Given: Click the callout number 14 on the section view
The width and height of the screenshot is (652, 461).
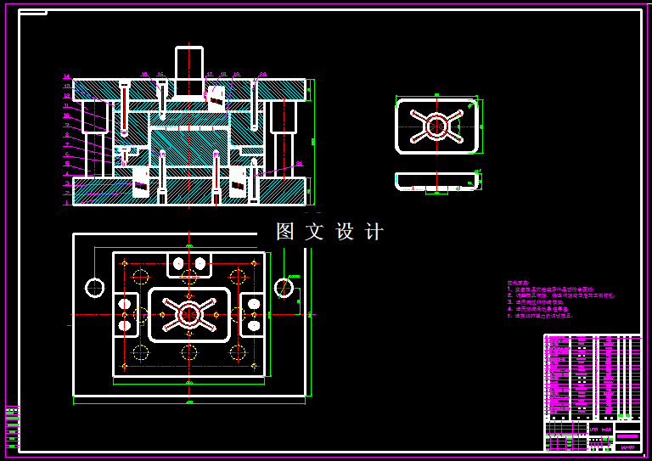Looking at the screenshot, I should click(66, 77).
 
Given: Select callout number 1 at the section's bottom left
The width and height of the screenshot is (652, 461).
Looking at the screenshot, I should click(66, 203).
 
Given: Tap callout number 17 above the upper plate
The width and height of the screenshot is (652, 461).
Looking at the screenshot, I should click(209, 75).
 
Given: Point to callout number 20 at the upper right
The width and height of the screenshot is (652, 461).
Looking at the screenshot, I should click(263, 75).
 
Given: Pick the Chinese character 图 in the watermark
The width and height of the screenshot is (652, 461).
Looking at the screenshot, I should click(285, 232).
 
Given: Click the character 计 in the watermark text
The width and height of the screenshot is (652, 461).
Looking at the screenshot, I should click(374, 232).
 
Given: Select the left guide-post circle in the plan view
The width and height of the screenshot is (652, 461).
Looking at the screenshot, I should click(94, 287).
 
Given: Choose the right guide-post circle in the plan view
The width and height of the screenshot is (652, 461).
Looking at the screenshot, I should click(284, 287).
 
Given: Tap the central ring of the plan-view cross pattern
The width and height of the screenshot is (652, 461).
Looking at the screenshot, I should click(188, 314).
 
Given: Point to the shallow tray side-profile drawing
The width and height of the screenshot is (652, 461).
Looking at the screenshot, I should click(436, 181).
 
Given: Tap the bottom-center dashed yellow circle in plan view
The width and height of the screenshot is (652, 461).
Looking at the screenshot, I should click(188, 351).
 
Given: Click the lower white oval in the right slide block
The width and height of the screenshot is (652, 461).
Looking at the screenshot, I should click(253, 324).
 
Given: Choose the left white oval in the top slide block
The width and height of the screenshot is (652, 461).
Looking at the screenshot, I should click(178, 264).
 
